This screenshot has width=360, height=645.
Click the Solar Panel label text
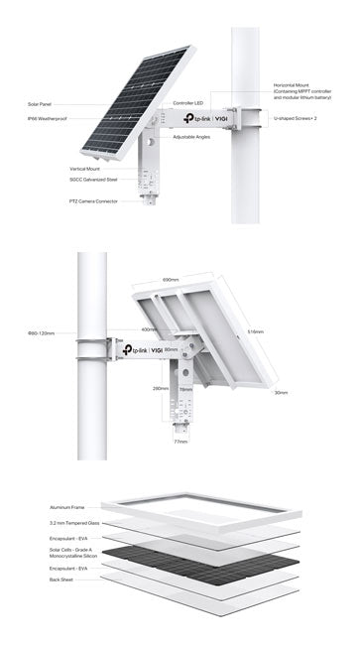pyautogui.click(x=40, y=103)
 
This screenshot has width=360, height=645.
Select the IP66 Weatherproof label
pyautogui.click(x=46, y=118)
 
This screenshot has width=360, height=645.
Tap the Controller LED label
pyautogui.click(x=187, y=102)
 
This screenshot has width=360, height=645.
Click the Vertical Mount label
pyautogui.click(x=85, y=169)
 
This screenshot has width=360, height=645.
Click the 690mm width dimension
pyautogui.click(x=170, y=281)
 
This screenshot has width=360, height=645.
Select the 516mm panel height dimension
pyautogui.click(x=254, y=331)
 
